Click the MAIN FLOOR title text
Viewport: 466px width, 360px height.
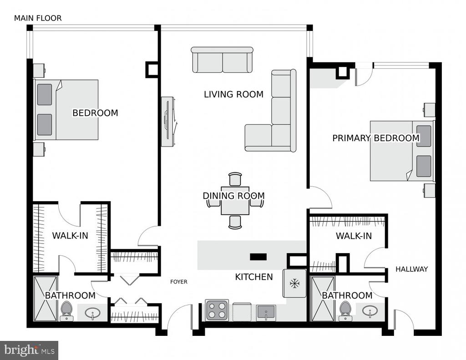[x=38, y=18]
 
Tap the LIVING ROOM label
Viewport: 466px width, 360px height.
[x=233, y=95]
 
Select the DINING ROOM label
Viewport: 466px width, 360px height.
[x=233, y=196]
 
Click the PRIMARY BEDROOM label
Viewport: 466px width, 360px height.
[x=375, y=138]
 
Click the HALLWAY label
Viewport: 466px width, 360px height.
[x=411, y=269]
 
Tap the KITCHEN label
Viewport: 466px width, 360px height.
[x=254, y=277]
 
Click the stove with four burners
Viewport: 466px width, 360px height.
[x=217, y=310]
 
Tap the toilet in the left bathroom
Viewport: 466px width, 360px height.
[x=66, y=310]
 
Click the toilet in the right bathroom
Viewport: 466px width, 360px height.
[x=345, y=310]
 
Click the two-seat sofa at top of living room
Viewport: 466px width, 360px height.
[x=222, y=60]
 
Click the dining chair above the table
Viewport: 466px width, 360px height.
[x=235, y=179]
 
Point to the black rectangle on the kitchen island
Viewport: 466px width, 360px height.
[x=258, y=257]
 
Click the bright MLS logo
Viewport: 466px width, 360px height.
[x=29, y=350]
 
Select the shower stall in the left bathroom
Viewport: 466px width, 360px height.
[x=45, y=298]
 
